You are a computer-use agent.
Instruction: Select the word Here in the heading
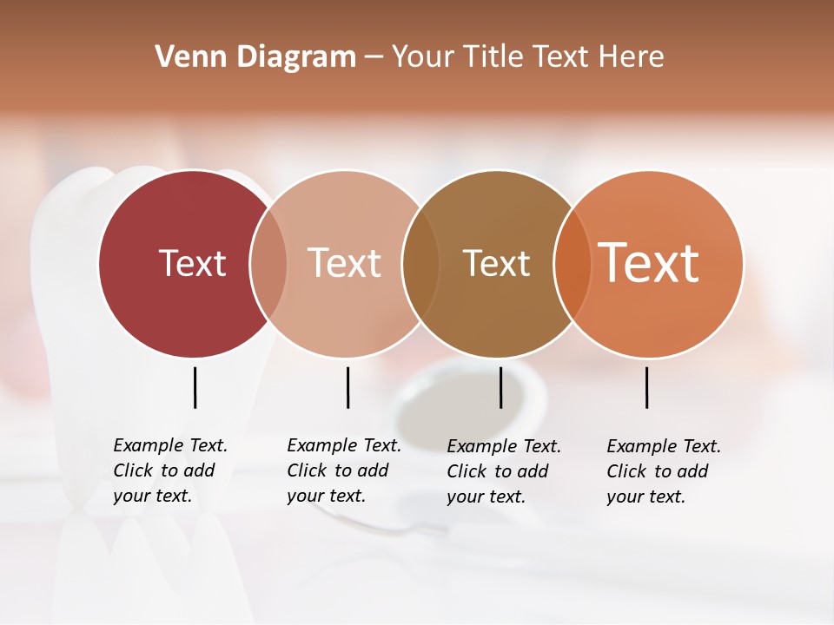point(632,57)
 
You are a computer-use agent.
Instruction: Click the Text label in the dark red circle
point(192,263)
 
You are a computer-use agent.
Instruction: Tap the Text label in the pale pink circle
point(345,263)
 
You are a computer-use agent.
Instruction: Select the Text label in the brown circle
point(496,263)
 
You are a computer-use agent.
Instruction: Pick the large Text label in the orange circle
point(649,263)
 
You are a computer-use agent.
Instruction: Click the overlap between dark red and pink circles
point(268,263)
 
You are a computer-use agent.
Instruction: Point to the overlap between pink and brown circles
point(420,263)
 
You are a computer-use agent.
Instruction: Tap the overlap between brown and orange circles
point(573,263)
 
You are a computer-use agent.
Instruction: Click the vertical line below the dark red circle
point(195,387)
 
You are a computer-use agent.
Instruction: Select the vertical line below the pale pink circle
point(347,387)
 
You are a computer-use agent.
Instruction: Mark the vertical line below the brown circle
point(500,387)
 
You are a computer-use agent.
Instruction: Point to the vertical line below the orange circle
point(646,387)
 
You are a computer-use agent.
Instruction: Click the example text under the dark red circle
point(169,470)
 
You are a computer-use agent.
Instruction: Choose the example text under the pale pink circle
point(343,470)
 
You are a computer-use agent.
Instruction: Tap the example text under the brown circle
point(503,471)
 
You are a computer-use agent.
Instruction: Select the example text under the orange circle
point(663,471)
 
